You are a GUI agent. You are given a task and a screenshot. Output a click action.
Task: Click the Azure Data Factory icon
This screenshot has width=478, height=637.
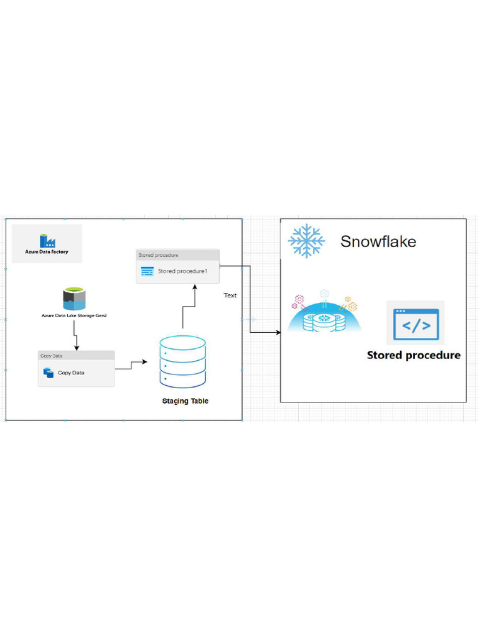47,241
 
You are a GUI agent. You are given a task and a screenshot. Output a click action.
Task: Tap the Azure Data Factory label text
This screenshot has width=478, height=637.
47,252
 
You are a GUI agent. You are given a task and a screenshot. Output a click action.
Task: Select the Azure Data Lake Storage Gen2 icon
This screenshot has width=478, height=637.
74,299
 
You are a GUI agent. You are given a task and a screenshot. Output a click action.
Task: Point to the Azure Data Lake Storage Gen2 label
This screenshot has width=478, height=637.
74,316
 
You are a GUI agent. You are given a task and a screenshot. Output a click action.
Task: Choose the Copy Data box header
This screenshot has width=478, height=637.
76,356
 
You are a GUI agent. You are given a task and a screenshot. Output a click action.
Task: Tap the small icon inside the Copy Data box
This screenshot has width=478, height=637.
49,373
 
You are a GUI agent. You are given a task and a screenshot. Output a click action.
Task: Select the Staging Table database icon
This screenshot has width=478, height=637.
182,361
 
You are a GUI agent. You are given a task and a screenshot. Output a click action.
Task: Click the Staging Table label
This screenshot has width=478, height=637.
185,401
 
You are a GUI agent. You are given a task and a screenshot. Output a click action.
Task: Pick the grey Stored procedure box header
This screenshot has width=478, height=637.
177,255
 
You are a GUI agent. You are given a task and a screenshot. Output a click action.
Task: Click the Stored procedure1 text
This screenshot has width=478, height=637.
182,271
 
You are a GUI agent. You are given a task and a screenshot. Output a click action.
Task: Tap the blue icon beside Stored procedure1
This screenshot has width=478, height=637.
147,271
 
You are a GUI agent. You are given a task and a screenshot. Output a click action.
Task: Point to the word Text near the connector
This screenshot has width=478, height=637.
230,295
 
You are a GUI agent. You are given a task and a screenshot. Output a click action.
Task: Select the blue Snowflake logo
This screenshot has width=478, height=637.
306,241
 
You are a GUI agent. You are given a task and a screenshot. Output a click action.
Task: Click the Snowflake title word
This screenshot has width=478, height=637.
378,241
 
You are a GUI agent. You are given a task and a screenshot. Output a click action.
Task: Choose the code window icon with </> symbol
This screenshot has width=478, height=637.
415,323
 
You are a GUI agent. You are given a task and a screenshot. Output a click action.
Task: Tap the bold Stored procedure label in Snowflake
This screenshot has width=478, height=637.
413,355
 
